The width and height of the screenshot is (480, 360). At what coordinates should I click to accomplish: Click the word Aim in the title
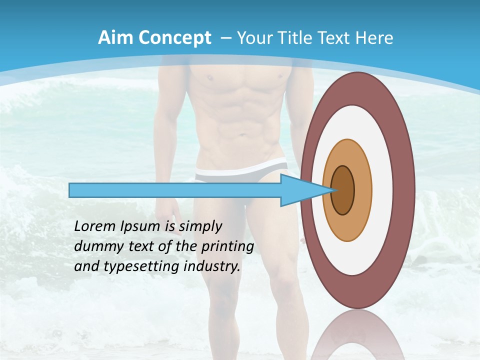point(112,38)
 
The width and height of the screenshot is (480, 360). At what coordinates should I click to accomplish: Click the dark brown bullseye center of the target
point(343,190)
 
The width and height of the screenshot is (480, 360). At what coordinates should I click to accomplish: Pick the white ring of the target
point(382,190)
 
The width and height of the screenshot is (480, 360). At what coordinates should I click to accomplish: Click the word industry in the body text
point(211,266)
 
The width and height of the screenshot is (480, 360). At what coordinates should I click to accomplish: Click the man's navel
point(242,134)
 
